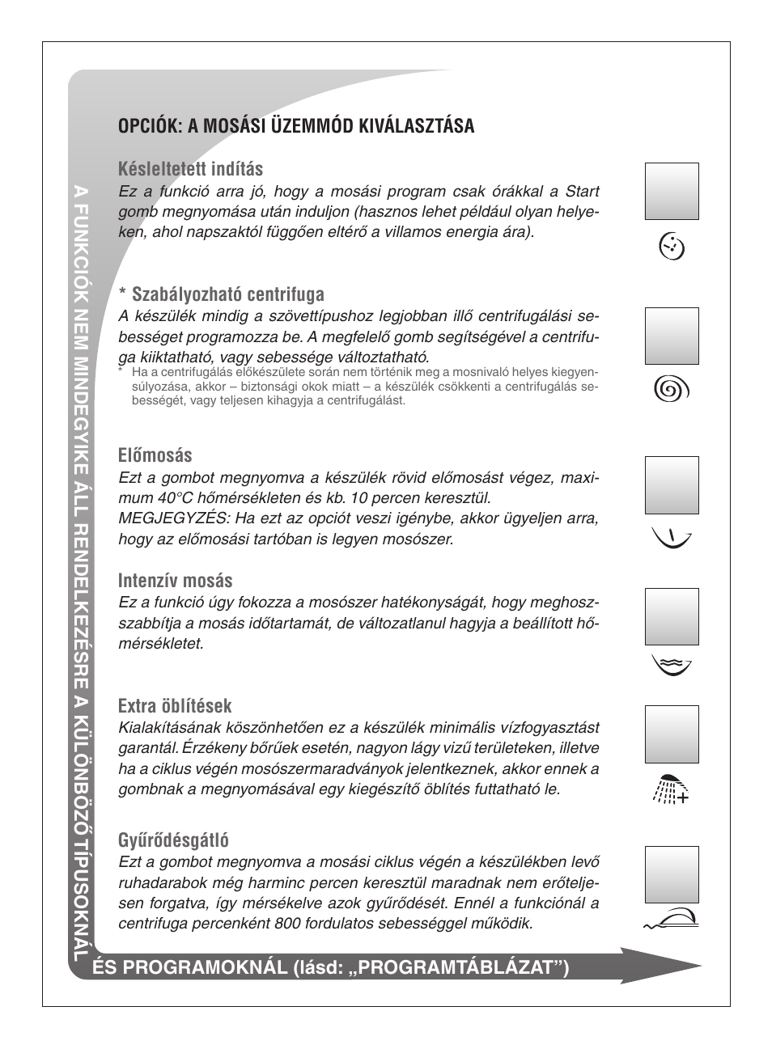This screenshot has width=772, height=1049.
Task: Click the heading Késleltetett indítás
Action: coord(190,169)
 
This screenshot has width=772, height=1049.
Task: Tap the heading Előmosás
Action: coord(155,455)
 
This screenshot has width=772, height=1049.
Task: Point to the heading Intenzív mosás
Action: coord(175,581)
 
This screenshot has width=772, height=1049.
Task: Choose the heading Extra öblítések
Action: coord(175,705)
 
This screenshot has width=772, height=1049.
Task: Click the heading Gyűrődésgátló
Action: coord(173,840)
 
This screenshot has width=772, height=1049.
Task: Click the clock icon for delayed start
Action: coord(672,245)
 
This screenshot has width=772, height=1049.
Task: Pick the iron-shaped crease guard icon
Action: coord(672,919)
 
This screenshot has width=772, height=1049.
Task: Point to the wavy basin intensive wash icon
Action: coord(672,665)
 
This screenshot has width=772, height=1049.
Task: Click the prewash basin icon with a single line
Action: coord(672,536)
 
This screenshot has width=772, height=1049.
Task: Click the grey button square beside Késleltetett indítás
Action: coord(672,191)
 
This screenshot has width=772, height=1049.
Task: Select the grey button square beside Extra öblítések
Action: coord(672,734)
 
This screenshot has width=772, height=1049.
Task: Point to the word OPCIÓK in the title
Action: coord(150,126)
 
